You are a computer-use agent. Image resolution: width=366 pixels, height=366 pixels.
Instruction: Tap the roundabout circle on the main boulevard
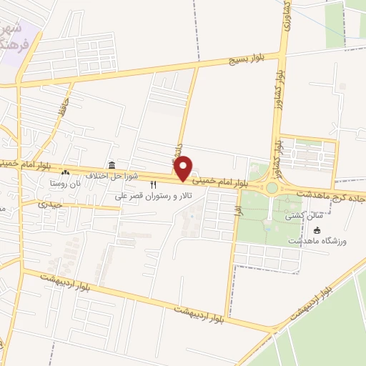(272, 189)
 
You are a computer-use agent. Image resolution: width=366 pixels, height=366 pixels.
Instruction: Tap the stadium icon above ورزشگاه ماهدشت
(317, 230)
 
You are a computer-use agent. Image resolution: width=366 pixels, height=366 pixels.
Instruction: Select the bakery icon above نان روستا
(66, 172)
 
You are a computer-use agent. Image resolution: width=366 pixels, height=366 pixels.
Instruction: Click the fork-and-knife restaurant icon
(153, 185)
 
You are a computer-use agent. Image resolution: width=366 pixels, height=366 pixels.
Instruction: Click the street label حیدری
(55, 204)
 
